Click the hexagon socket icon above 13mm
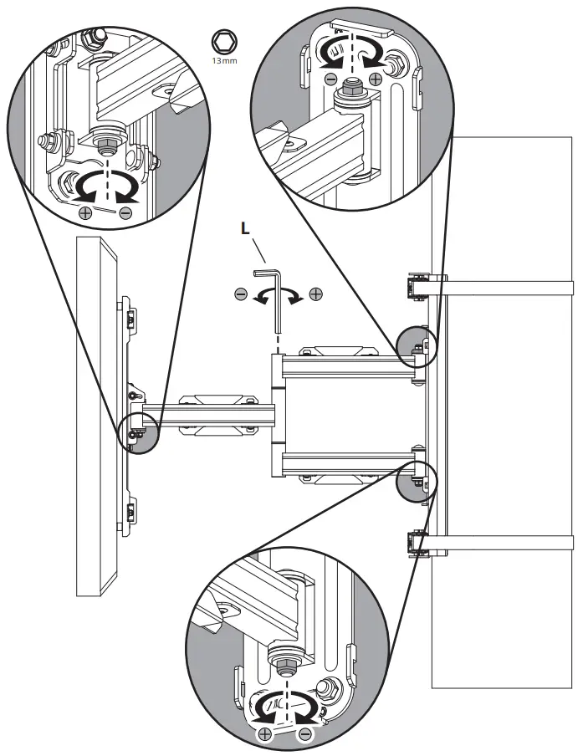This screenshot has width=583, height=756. click(223, 41)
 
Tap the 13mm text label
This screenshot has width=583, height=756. click(223, 61)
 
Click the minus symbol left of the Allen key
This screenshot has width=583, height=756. click(240, 294)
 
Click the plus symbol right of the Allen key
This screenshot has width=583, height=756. click(315, 294)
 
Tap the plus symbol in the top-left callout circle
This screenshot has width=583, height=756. click(84, 213)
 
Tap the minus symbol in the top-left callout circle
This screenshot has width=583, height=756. click(125, 213)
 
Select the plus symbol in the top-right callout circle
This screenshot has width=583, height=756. click(376, 79)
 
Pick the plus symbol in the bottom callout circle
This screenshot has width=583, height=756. click(265, 734)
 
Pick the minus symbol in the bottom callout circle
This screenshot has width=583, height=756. click(305, 734)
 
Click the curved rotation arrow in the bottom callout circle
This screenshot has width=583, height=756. click(287, 709)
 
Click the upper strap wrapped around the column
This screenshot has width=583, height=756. click(509, 288)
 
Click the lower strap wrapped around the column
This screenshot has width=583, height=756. click(509, 546)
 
